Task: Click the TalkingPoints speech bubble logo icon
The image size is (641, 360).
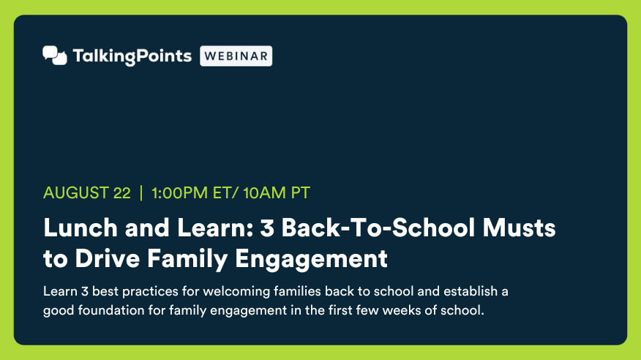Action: tap(55, 56)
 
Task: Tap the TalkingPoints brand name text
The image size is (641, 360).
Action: tap(132, 56)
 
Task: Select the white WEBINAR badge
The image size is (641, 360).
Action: tap(236, 56)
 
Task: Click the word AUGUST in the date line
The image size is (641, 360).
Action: tap(75, 193)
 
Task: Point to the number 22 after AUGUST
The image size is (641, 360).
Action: tap(121, 193)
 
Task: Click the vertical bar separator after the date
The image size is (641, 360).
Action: tap(141, 193)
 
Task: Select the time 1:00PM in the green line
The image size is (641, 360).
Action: tap(179, 193)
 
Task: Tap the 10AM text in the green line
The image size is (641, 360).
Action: tap(264, 193)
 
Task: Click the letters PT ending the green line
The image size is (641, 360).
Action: tap(301, 193)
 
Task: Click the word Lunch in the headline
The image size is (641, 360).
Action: tap(80, 228)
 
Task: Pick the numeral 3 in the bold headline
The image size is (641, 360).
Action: tap(267, 228)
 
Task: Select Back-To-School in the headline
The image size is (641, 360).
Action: tap(378, 228)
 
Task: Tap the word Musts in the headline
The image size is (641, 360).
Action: tap(520, 228)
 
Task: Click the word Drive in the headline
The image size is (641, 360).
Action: tap(107, 259)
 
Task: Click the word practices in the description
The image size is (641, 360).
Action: tap(150, 292)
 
